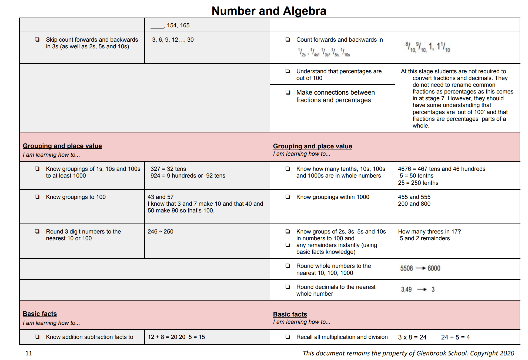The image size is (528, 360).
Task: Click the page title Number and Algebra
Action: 269,11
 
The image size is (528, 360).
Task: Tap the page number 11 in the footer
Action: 29,353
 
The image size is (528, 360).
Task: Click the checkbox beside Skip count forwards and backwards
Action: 37,40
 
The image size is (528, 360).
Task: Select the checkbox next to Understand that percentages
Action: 288,71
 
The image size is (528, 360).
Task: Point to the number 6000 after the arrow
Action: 434,268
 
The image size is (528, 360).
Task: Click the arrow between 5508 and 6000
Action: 420,268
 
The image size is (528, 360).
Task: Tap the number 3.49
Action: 406,289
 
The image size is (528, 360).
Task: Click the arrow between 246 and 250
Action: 161,232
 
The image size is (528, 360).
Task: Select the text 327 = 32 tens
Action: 168,169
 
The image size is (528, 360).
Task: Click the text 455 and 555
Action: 414,197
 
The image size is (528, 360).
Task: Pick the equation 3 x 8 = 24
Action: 412,337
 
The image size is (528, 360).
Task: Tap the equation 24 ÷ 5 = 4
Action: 455,337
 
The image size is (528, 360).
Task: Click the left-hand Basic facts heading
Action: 40,314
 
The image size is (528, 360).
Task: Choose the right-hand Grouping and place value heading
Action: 312,146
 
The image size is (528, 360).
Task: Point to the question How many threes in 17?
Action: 429,232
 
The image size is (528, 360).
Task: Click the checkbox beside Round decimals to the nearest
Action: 288,287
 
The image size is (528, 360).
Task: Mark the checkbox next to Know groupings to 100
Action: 37,197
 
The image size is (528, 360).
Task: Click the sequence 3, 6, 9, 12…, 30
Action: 173,40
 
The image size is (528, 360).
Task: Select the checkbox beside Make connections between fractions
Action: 288,92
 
